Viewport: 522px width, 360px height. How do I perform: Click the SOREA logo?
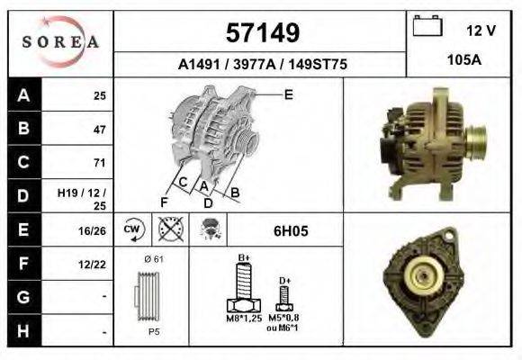coord(59,42)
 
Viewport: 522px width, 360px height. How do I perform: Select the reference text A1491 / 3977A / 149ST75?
coord(261,65)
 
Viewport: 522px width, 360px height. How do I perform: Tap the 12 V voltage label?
coord(481,30)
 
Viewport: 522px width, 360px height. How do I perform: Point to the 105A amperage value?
coord(464,60)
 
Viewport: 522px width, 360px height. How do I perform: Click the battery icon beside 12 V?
coord(427,27)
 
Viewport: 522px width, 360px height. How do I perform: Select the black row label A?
coord(23,94)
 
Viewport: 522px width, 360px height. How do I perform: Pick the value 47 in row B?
coord(100,129)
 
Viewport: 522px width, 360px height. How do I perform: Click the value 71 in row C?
coord(100,163)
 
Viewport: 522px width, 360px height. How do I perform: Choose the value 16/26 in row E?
coord(94,230)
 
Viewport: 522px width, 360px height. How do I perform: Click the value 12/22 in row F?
coord(94,264)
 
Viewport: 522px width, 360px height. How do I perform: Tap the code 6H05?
coord(291,230)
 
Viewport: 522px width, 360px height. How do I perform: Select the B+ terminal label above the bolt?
coord(243,257)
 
